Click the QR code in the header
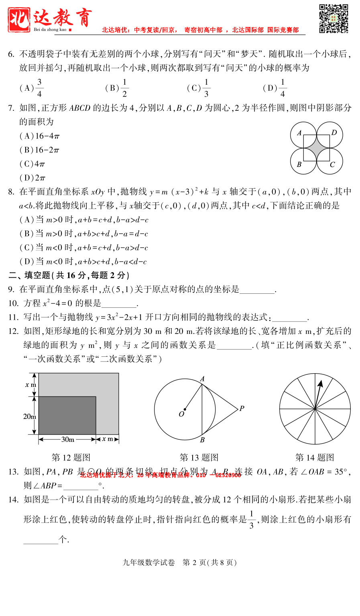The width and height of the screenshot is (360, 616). tap(333, 18)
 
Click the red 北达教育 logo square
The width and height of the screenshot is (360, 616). tap(19, 19)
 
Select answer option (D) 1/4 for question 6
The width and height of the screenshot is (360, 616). tap(275, 88)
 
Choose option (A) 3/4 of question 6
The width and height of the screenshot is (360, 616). tap(31, 88)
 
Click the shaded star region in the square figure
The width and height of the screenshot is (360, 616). tap(317, 148)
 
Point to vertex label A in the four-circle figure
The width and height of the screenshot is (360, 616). tap(299, 133)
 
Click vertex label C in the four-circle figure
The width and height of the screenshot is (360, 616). tap(332, 164)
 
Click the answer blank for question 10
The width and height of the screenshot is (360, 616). tap(119, 304)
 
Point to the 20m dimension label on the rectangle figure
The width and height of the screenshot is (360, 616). tap(30, 417)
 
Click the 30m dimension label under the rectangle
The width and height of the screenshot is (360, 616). tap(67, 439)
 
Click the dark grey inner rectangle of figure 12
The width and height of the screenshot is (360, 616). tap(67, 415)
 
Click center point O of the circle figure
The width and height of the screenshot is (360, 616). tap(185, 410)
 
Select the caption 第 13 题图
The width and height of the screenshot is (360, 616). tap(199, 457)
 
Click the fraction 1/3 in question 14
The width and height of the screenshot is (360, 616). tap(252, 520)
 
